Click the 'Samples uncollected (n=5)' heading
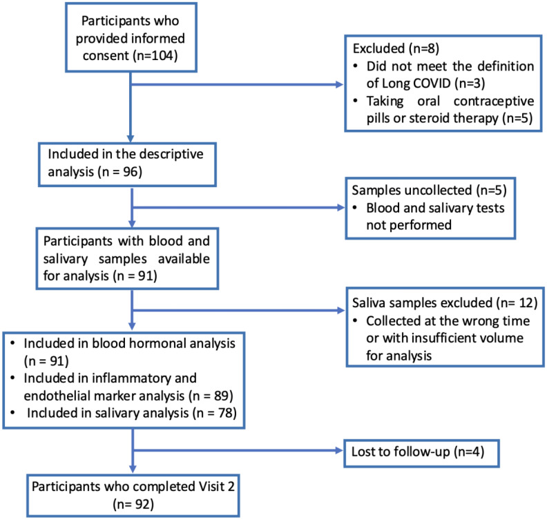(429, 191)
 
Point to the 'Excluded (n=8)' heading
(396, 48)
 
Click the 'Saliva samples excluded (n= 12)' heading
(445, 302)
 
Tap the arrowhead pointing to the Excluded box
(339, 84)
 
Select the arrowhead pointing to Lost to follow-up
(338, 450)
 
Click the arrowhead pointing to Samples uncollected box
(340, 207)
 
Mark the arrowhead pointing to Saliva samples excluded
(340, 310)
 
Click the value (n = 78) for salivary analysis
(216, 413)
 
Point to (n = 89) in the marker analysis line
(211, 396)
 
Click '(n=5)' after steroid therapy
(517, 118)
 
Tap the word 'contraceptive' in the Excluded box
(494, 101)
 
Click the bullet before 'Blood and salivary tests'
(355, 208)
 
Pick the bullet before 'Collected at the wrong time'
(355, 320)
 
